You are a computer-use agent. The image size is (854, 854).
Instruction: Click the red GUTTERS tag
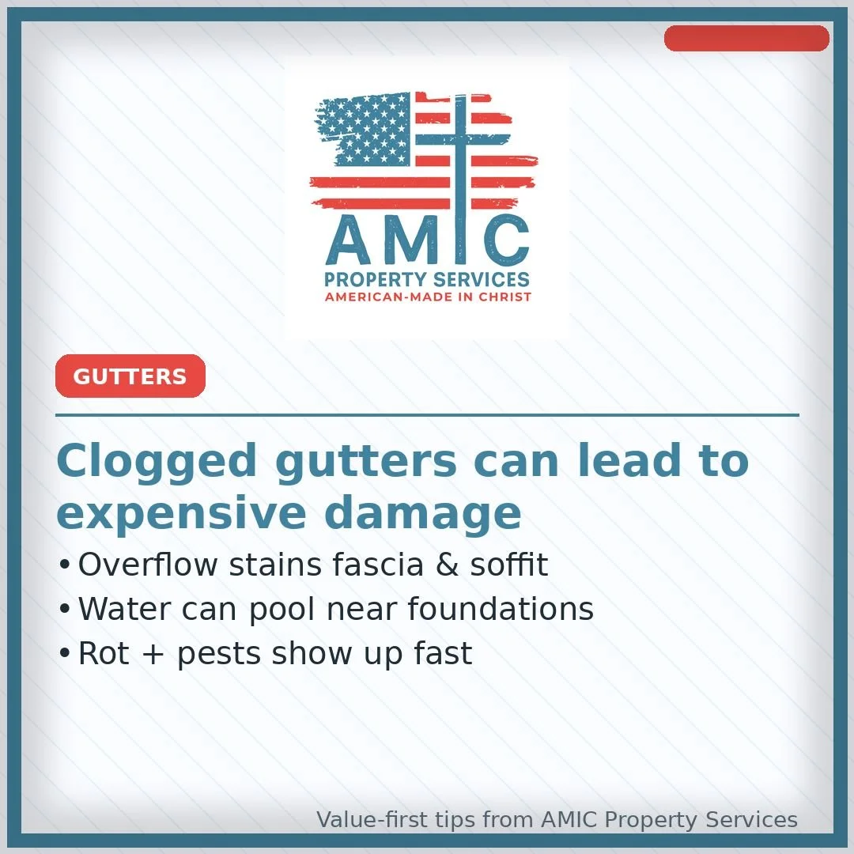[130, 376]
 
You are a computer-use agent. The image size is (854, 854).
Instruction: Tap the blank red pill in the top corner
[746, 38]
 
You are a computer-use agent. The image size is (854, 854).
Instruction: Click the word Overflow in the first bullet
[147, 565]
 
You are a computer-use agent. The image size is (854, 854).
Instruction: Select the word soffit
[509, 565]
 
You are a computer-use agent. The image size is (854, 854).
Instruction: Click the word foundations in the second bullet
[501, 609]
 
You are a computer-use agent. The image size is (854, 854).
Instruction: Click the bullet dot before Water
[65, 610]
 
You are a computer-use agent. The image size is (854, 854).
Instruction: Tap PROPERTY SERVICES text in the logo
[427, 280]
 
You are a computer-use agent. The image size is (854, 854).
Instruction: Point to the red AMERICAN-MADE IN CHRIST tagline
[428, 297]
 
